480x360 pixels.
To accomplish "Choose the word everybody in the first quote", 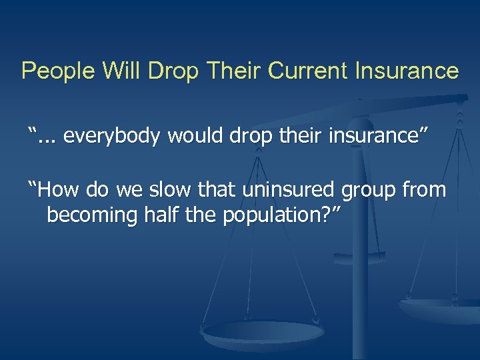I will click(x=111, y=137).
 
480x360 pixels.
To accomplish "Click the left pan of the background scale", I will click(x=263, y=332).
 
